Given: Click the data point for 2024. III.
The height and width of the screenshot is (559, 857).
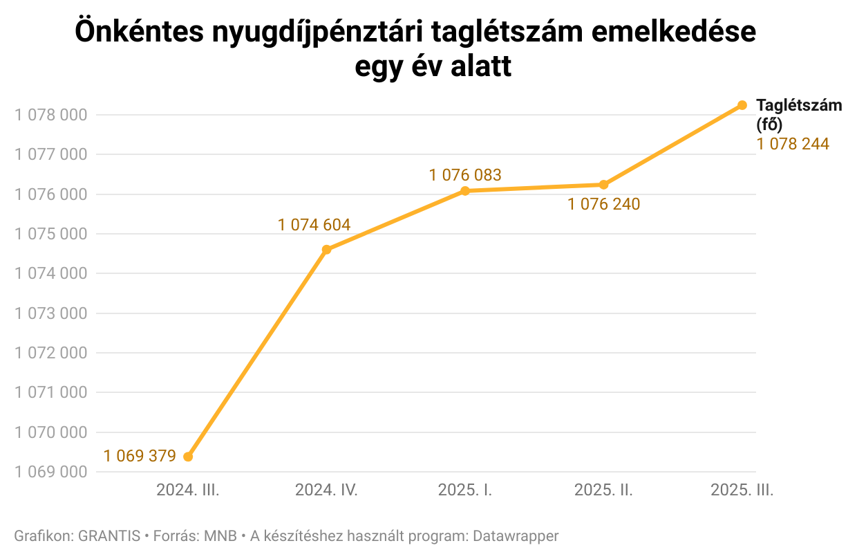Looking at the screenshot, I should pos(188,457).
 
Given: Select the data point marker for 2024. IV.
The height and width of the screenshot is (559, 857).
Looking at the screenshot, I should pos(327,250).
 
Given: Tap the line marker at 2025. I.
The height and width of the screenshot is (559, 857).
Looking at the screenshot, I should pos(465,191).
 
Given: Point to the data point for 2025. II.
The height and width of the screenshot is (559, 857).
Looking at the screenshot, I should pos(603,185).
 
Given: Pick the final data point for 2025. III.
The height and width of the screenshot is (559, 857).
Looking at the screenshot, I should pos(742,105).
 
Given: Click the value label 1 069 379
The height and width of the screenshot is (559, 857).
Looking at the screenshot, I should pos(140,456).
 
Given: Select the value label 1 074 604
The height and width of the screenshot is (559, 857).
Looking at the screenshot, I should pos(314,225).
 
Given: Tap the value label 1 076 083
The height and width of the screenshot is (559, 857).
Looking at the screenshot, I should pos(464,175).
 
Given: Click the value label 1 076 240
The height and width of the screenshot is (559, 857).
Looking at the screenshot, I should pos(603,205).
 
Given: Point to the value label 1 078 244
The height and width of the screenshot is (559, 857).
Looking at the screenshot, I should pos(792,145).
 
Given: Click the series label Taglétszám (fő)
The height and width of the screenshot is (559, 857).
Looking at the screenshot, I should pos(799,115).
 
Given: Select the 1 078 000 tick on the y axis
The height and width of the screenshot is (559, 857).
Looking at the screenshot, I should pos(51,115).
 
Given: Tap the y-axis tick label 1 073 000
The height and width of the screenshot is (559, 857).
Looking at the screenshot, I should pos(51,313).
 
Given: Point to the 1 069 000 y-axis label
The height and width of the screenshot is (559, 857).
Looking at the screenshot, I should pos(51,473).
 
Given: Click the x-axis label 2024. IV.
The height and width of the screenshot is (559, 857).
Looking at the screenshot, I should pos(326,491).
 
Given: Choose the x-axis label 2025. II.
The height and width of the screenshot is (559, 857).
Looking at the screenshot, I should pos(603,491).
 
